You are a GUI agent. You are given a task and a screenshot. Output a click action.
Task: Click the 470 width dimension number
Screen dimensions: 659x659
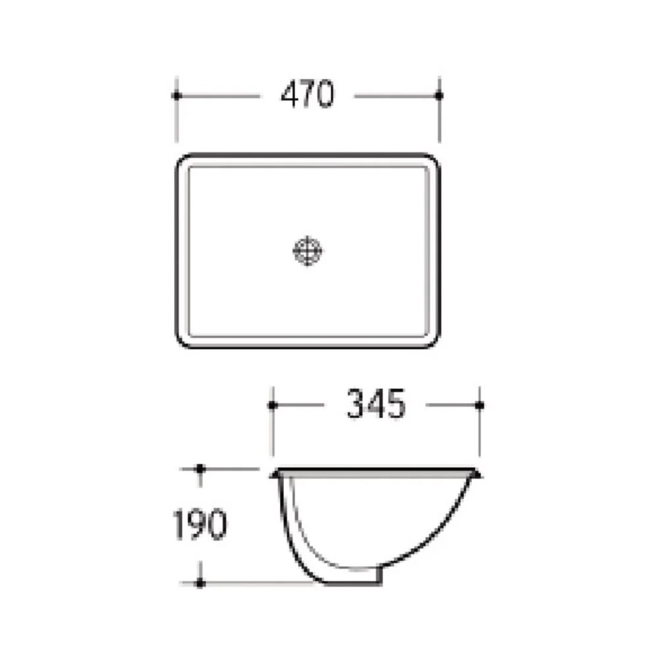tap(308, 94)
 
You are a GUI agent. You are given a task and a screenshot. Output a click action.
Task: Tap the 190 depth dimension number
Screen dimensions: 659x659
tap(200, 524)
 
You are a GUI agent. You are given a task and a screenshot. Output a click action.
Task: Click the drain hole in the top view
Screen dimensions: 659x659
tap(308, 251)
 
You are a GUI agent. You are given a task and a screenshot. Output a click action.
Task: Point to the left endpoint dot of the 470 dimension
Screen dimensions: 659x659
tap(176, 96)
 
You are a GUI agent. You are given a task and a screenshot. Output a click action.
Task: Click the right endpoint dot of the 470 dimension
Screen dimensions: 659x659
tap(439, 96)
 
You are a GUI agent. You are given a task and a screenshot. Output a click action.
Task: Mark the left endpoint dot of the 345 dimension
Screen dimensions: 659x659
tap(272, 405)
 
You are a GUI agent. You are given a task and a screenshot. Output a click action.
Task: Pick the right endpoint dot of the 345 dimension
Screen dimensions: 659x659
tap(480, 405)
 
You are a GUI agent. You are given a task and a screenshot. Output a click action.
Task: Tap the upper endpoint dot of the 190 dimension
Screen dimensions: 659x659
tap(200, 468)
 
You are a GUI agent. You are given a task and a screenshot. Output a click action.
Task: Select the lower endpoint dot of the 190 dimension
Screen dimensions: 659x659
tap(200, 583)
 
